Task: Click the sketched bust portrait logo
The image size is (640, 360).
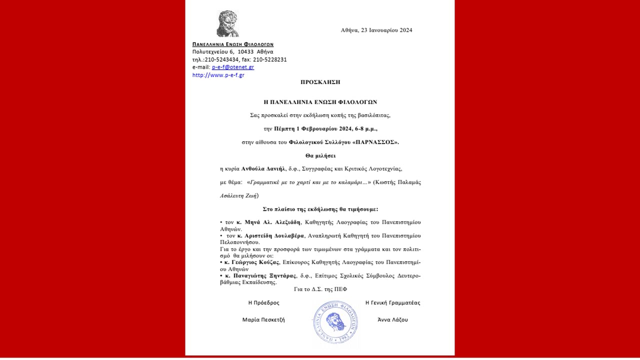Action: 227,23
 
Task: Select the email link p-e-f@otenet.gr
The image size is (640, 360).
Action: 233,67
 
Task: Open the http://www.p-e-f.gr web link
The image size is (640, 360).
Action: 218,75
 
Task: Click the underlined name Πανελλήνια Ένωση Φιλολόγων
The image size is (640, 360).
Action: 233,44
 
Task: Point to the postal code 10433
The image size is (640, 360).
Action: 245,51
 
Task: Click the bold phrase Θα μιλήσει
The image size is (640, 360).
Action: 320,155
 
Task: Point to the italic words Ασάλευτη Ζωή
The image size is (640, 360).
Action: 239,195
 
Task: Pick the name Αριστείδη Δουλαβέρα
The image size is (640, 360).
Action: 270,235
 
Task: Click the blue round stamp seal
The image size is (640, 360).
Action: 335,323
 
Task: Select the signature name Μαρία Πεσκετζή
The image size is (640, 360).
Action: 263,319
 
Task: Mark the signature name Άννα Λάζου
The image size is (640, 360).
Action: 392,319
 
